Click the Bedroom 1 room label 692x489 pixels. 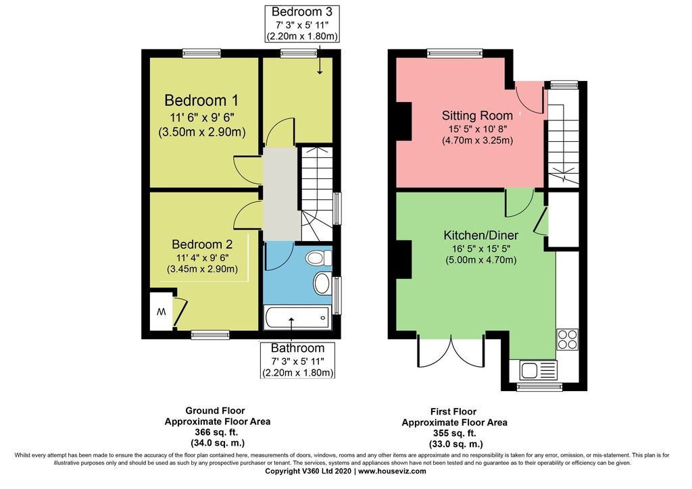pyautogui.click(x=201, y=101)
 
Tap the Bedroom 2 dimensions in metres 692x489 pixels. pyautogui.click(x=202, y=269)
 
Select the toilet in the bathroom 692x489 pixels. pyautogui.click(x=319, y=257)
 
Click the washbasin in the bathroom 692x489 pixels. pyautogui.click(x=322, y=282)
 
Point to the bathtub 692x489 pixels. pyautogui.click(x=297, y=317)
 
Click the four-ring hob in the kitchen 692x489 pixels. pyautogui.click(x=567, y=339)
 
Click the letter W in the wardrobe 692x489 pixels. pyautogui.click(x=161, y=312)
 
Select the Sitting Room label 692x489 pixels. pyautogui.click(x=477, y=115)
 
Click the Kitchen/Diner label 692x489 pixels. pyautogui.click(x=480, y=235)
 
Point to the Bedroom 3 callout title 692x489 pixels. pyautogui.click(x=302, y=11)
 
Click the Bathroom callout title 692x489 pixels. pyautogui.click(x=297, y=349)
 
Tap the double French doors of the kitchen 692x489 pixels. pyautogui.click(x=451, y=351)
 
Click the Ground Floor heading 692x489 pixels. pyautogui.click(x=215, y=411)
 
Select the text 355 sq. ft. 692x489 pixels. pyautogui.click(x=455, y=433)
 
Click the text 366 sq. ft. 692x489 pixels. pyautogui.click(x=217, y=432)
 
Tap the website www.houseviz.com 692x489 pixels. pyautogui.click(x=392, y=471)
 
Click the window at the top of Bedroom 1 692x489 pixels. pyautogui.click(x=201, y=53)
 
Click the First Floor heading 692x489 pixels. pyautogui.click(x=453, y=411)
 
